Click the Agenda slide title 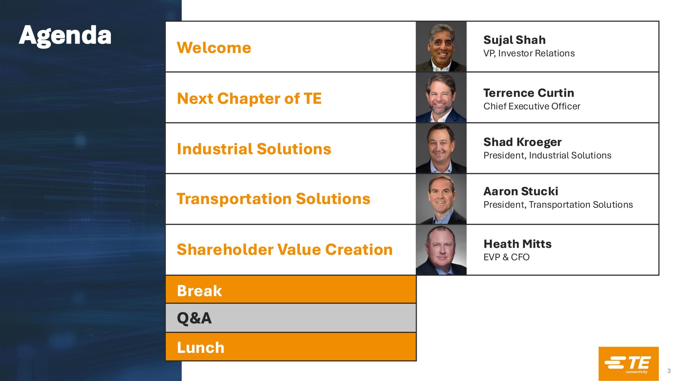[x=65, y=36]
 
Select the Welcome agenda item [x=214, y=48]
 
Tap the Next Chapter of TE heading [x=249, y=99]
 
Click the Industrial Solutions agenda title [x=254, y=149]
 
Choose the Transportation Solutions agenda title [x=274, y=199]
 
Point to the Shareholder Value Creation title [x=285, y=250]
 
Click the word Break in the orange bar [x=199, y=291]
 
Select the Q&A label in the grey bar [x=194, y=318]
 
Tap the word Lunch [x=200, y=347]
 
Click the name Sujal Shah [x=515, y=40]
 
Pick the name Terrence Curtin [x=529, y=93]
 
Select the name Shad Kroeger [x=523, y=142]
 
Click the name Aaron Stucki [x=521, y=191]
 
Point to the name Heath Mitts [x=518, y=244]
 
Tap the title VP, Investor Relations [x=529, y=53]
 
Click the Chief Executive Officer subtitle [x=532, y=106]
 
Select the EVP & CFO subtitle [x=506, y=257]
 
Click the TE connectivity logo [x=628, y=364]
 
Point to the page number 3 [x=669, y=371]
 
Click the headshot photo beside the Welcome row [x=441, y=47]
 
